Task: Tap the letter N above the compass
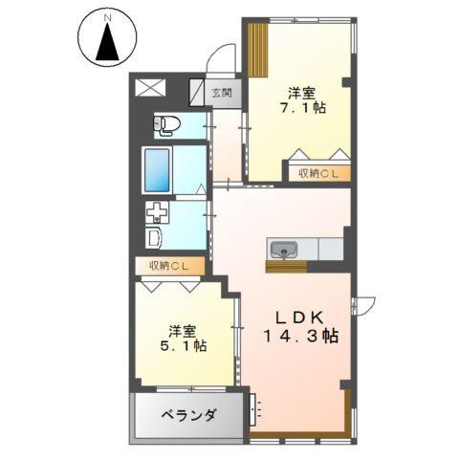(x=108, y=16)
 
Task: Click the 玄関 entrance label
(x=221, y=93)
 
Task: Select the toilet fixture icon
(x=168, y=124)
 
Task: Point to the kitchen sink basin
(x=283, y=251)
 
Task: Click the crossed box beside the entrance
(x=151, y=87)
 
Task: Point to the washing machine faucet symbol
(x=156, y=212)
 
